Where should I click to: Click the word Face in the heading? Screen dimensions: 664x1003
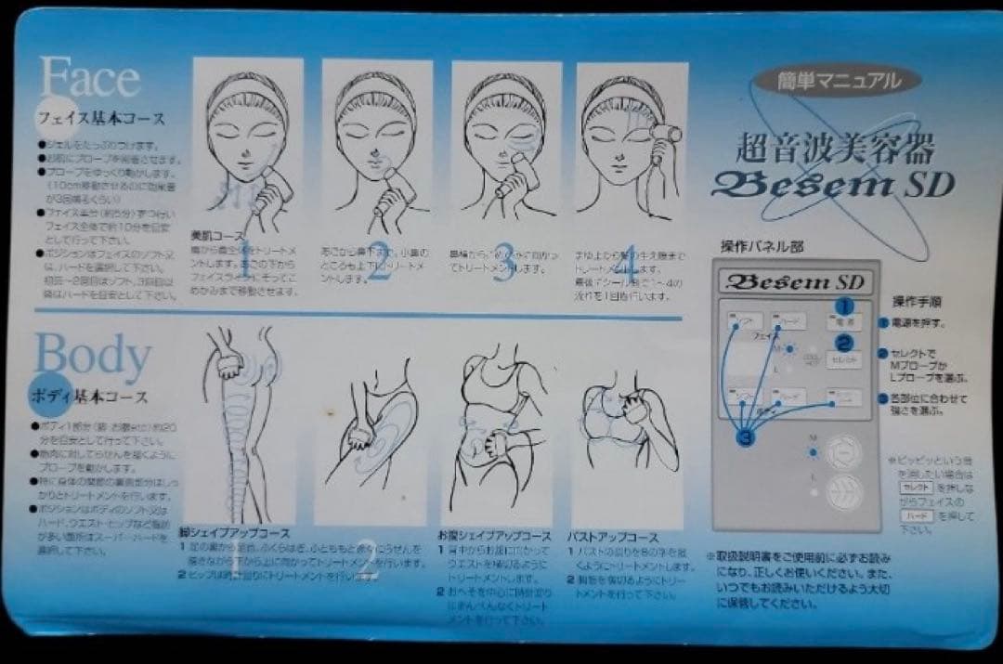[89, 78]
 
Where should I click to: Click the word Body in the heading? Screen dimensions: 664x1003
[93, 356]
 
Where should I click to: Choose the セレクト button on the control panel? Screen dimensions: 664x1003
[843, 358]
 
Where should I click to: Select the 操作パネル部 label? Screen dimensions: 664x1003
[762, 247]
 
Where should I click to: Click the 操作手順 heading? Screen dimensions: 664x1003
[918, 303]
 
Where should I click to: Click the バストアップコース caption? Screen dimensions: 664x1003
[612, 537]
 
